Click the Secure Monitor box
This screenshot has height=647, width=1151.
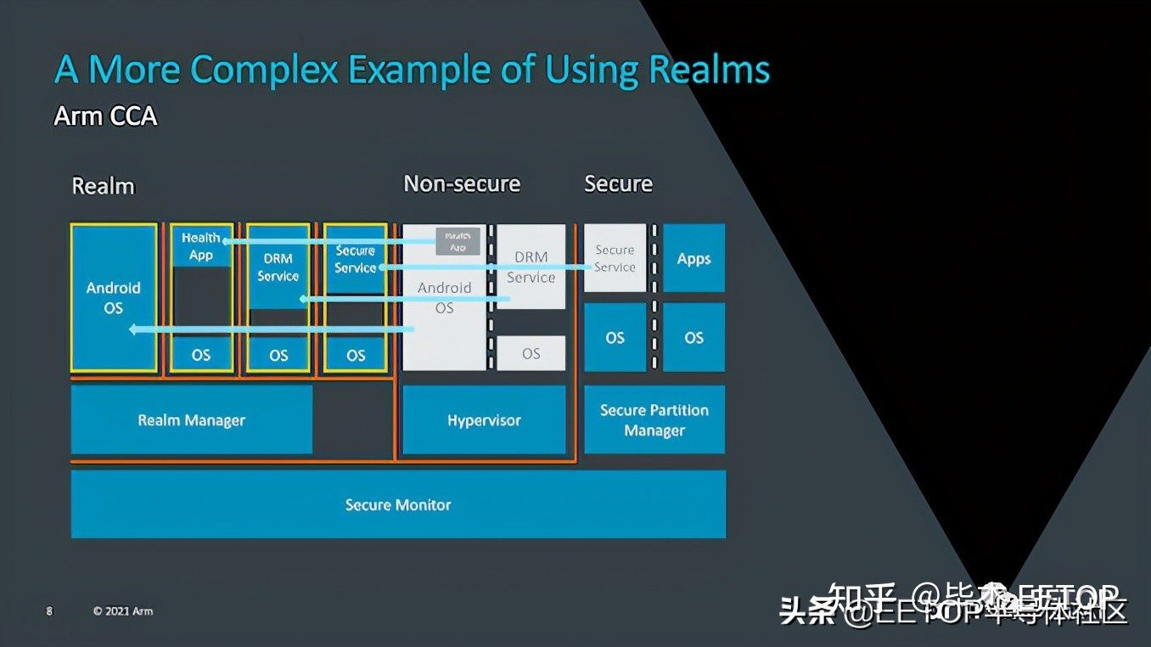[x=397, y=504]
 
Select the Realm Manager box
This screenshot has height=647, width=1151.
[x=191, y=419]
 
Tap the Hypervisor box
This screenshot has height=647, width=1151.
[x=484, y=419]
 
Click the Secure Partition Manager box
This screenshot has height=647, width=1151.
[x=654, y=419]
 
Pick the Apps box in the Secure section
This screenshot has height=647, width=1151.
[x=693, y=259]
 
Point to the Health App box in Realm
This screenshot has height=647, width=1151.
[x=201, y=246]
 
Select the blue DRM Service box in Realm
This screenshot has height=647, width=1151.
[x=278, y=267]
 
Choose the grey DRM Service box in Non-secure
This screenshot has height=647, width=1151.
[x=531, y=267]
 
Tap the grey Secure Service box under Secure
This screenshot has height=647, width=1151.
[x=615, y=258]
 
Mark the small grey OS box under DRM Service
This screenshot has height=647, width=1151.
[x=531, y=353]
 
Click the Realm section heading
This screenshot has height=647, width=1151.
[x=103, y=186]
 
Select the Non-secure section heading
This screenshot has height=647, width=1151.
[x=462, y=183]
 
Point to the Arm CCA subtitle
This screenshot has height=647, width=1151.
[x=105, y=115]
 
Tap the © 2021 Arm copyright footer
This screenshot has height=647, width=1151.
[x=123, y=610]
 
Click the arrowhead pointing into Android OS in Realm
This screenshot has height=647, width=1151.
[x=134, y=329]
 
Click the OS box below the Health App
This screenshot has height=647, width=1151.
[x=201, y=355]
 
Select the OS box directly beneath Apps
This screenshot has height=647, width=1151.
[x=693, y=337]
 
